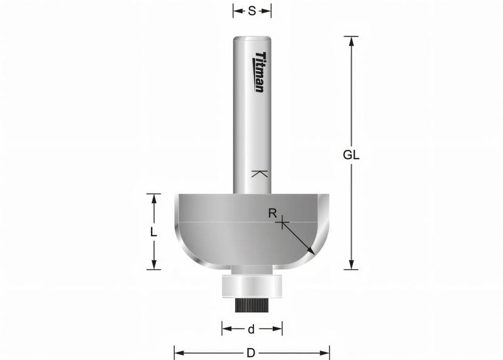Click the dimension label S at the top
(x=251, y=11)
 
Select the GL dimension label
(x=351, y=155)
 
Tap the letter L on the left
(x=153, y=232)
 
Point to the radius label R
(x=272, y=213)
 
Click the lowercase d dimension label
(x=251, y=329)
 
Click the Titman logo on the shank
(x=260, y=72)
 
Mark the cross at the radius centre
(x=283, y=222)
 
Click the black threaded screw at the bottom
(x=251, y=305)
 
